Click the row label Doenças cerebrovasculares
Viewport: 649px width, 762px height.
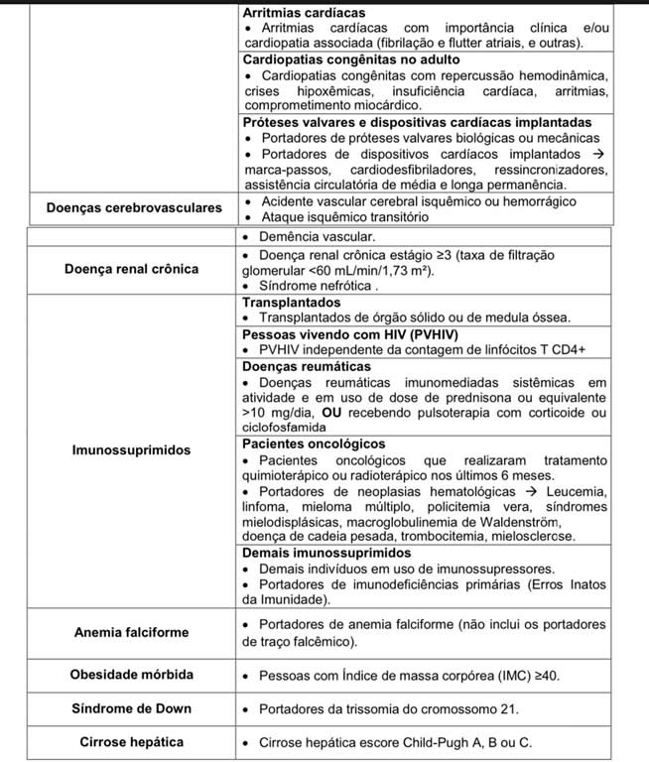(133, 208)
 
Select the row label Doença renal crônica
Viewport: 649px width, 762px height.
(130, 269)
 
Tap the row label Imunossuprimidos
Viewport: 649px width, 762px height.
(130, 449)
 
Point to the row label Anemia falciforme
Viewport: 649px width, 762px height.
(130, 632)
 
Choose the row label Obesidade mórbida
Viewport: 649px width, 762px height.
(131, 675)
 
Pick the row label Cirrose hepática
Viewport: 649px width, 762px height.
(131, 741)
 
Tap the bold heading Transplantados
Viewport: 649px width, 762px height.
(292, 302)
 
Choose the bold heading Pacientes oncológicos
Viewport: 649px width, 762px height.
(314, 444)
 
